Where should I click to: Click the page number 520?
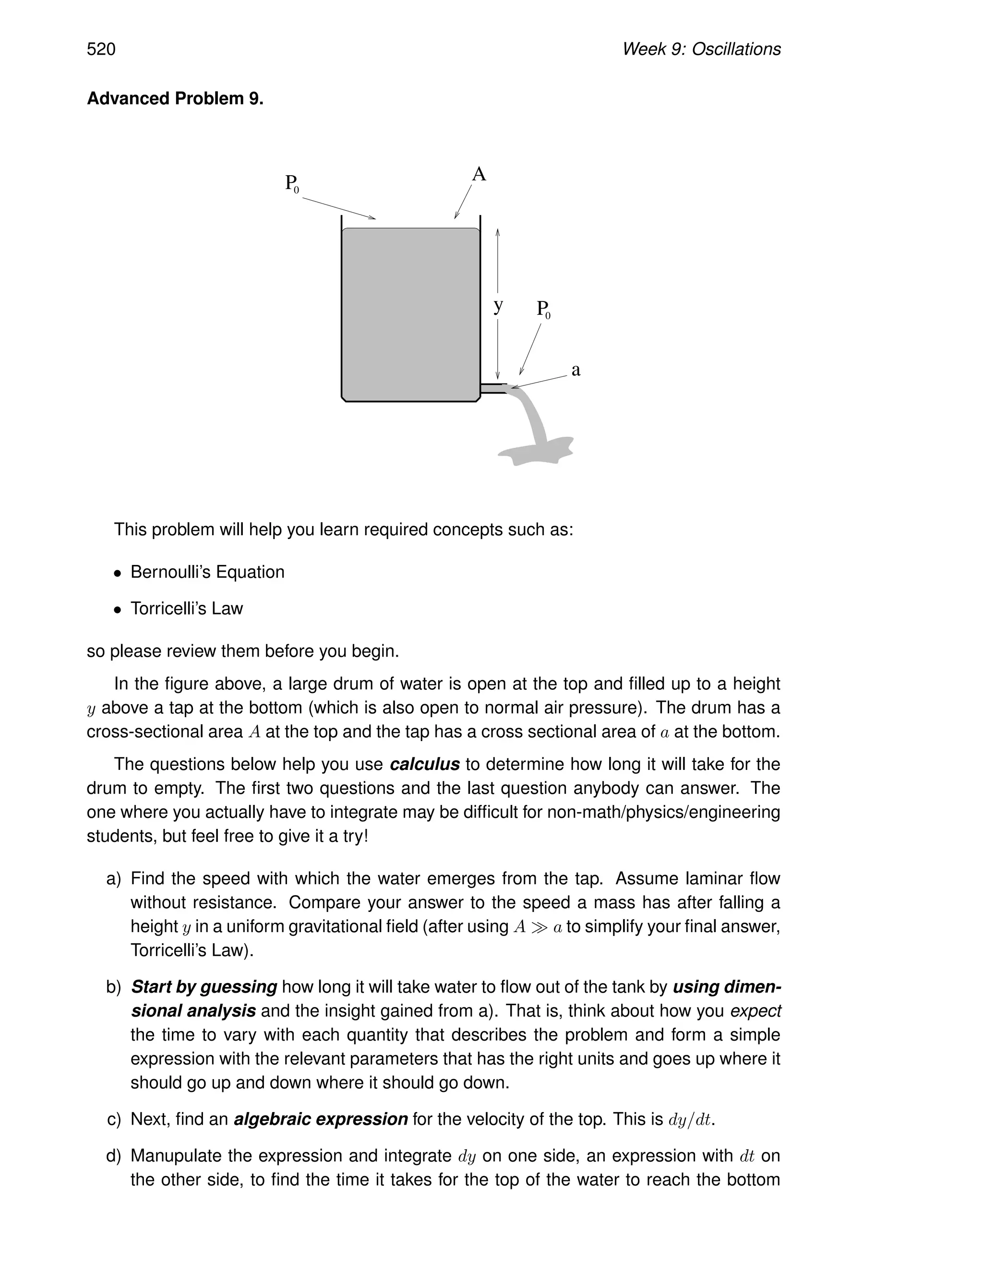(x=101, y=49)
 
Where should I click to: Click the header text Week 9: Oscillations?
(x=701, y=49)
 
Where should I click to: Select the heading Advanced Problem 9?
(x=175, y=98)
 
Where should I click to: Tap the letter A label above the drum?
(x=479, y=174)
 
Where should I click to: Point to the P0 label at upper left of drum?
(x=292, y=183)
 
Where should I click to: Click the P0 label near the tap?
(x=543, y=309)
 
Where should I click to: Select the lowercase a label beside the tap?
(x=575, y=370)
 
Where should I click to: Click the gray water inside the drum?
(x=410, y=314)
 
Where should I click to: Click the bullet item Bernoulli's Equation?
(x=207, y=572)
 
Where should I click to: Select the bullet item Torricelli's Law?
(x=186, y=609)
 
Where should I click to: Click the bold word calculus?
(x=424, y=764)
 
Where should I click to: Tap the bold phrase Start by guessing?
(x=204, y=986)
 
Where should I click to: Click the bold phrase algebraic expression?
(x=320, y=1119)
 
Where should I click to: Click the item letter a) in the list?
(x=114, y=878)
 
